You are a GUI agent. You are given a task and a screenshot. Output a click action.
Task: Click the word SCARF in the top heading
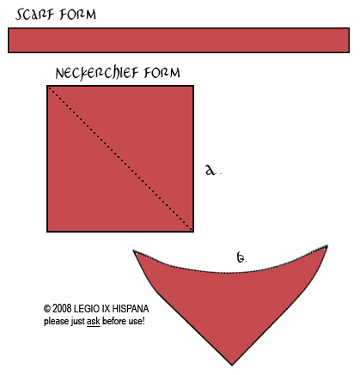[x=35, y=15]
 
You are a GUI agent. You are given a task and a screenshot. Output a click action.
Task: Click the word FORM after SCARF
[x=78, y=15]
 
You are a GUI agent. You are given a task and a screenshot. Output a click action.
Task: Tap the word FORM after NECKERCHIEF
[x=162, y=73]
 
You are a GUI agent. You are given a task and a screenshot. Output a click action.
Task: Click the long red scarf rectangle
[x=179, y=40]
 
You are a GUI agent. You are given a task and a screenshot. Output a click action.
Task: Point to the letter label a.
[x=211, y=170]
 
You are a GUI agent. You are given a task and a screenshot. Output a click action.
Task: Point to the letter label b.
[x=241, y=257]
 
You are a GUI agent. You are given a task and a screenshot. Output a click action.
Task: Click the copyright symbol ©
[x=47, y=309]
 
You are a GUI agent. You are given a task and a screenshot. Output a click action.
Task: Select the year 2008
[x=62, y=309]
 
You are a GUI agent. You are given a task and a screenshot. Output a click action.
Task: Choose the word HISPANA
[x=131, y=309]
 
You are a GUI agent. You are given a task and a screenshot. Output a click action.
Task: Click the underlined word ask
[x=94, y=321]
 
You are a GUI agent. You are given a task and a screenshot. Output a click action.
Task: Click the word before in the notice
[x=114, y=321]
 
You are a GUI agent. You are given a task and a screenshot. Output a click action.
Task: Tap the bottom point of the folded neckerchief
[x=232, y=365]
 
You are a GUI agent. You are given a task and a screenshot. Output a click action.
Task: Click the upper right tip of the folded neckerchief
[x=326, y=246]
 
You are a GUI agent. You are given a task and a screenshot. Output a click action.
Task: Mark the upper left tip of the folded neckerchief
[x=135, y=251]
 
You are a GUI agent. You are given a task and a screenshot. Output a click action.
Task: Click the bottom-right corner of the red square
[x=193, y=232]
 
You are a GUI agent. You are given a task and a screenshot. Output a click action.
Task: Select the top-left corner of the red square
[x=47, y=86]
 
